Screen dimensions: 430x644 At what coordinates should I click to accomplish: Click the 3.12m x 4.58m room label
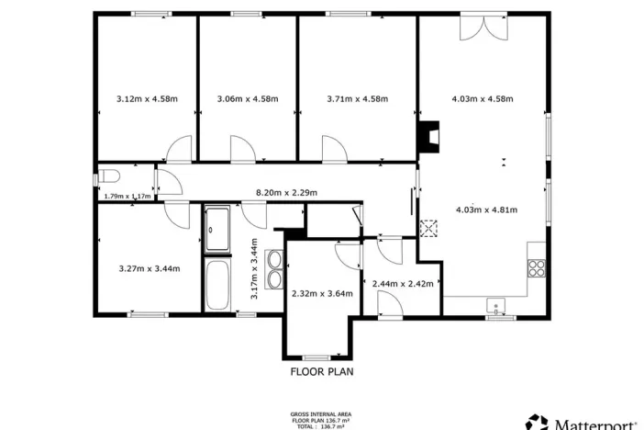(147, 98)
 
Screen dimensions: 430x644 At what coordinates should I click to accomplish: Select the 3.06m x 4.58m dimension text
(247, 98)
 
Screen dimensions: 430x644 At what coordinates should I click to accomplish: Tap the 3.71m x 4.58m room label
(358, 98)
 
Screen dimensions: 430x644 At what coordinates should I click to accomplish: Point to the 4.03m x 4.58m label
(482, 98)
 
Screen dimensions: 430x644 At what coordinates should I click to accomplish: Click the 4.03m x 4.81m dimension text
(486, 209)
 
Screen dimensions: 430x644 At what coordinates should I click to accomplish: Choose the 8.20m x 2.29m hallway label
(285, 193)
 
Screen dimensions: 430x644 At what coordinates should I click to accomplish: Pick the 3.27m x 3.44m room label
(150, 268)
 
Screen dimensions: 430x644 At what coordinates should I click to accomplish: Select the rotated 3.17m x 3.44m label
(255, 268)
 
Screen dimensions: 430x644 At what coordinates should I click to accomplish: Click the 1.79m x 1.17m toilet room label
(128, 196)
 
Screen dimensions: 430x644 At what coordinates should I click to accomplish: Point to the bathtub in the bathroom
(218, 285)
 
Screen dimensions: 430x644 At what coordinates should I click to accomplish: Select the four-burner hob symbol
(538, 268)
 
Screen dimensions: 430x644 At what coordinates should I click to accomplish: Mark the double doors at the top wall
(483, 26)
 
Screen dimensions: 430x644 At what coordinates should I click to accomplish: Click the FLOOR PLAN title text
(322, 372)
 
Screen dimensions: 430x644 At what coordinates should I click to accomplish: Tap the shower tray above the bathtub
(218, 229)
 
